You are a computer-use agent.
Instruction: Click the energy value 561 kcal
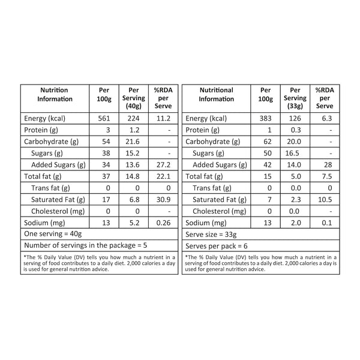(104, 119)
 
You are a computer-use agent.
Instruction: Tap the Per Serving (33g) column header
(295, 98)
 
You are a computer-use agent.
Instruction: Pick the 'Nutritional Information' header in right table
(216, 94)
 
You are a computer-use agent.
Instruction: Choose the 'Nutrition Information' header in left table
(55, 94)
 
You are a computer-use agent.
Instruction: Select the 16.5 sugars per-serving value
(295, 154)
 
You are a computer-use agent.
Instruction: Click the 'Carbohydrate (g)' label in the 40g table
(51, 142)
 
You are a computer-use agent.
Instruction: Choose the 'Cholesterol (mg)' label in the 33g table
(222, 211)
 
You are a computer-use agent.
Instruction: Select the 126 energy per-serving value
(295, 119)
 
